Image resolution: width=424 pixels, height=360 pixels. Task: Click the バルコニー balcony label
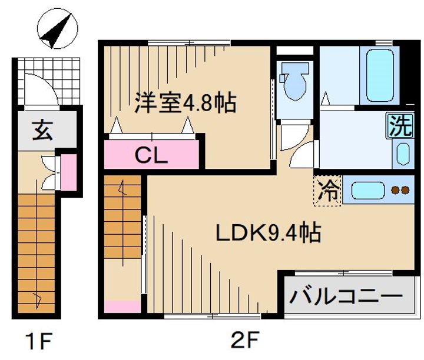[x=346, y=294]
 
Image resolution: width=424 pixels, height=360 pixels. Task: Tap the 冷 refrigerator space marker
[x=328, y=191]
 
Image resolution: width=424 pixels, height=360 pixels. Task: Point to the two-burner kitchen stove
[x=400, y=190]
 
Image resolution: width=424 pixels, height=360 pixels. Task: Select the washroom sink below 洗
[x=402, y=154]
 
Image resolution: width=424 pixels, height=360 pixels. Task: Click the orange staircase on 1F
[x=38, y=253]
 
